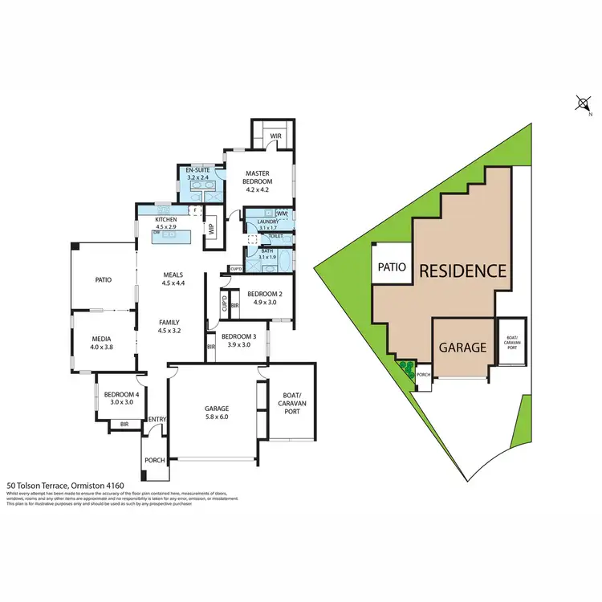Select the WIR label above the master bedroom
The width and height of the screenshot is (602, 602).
coord(275,136)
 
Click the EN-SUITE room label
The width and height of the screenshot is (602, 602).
coord(197,171)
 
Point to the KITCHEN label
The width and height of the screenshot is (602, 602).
coord(166,219)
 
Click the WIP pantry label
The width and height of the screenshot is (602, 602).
coord(212,228)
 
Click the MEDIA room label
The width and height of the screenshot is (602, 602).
coord(100,339)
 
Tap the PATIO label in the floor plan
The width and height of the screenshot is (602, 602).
coord(102,280)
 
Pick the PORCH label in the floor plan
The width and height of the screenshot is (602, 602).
coord(154,461)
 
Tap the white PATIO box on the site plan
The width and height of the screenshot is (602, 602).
coord(392,266)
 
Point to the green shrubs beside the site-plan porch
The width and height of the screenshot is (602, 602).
coord(405,370)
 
